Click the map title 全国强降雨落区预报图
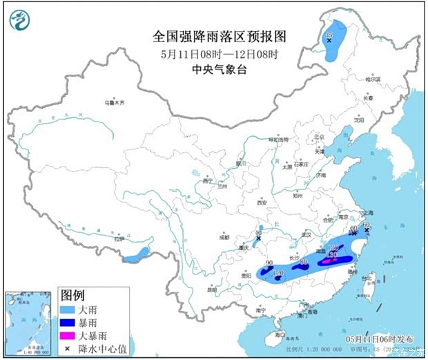219,36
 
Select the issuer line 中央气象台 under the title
219,68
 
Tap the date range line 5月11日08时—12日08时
219,53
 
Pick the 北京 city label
318,137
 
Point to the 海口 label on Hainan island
280,334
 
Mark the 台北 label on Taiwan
367,278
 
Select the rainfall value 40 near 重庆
258,234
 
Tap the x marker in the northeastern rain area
329,41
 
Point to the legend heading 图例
72,296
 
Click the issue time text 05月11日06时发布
381,340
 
